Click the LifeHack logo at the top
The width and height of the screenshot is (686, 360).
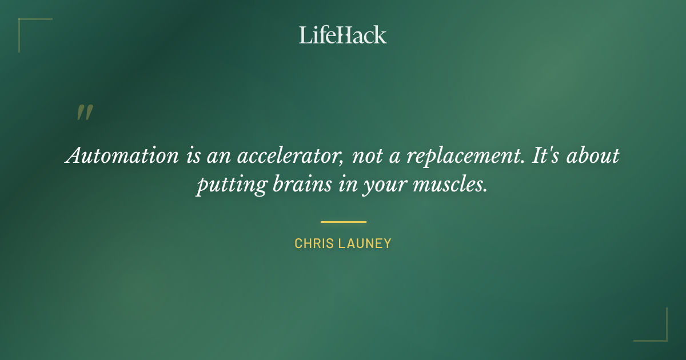click(x=343, y=35)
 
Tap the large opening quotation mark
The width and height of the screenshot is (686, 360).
click(x=84, y=113)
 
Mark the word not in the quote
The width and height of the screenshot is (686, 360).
click(x=367, y=156)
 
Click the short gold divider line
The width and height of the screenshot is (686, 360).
click(x=343, y=222)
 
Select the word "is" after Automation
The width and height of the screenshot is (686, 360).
click(x=193, y=156)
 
